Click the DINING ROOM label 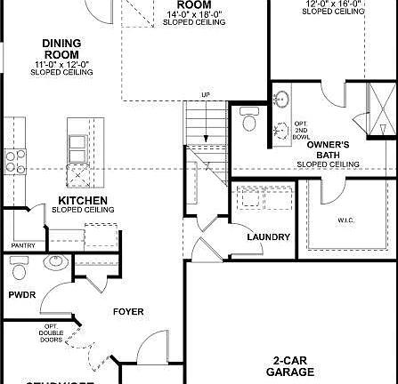pos(61,49)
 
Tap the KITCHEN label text pos(83,200)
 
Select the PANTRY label pos(22,245)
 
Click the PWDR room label pos(21,293)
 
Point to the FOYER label pos(127,311)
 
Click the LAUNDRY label pos(268,237)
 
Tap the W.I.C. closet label pos(346,219)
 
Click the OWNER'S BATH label pos(328,148)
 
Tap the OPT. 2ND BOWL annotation pos(300,130)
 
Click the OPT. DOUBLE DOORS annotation pos(52,334)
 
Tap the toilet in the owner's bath pos(248,120)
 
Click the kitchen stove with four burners pos(15,161)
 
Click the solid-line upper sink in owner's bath pos(282,99)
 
